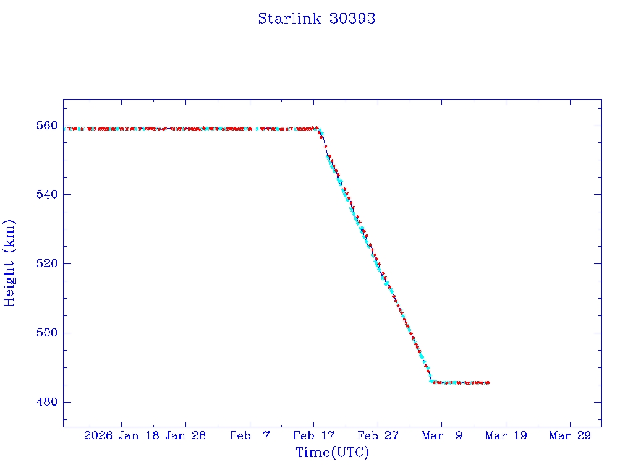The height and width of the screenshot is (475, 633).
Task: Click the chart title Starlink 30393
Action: (316, 19)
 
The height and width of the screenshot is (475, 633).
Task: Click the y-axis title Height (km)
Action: (9, 263)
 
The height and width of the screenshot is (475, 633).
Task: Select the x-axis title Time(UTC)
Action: (332, 453)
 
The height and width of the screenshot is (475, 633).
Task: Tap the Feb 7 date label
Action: (250, 435)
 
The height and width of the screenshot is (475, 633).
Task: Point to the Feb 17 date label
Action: (313, 435)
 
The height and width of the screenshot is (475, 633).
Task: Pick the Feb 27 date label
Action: (378, 435)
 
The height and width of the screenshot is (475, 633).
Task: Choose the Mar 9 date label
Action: (442, 435)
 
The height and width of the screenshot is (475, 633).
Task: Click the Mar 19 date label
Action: (506, 435)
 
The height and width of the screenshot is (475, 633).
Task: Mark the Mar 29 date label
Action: (570, 435)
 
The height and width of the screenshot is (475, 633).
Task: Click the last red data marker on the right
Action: (488, 383)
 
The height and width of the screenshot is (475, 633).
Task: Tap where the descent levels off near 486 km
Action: (431, 382)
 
